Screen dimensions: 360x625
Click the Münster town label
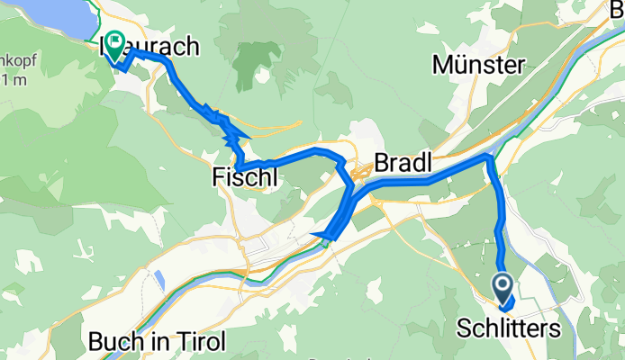(478, 65)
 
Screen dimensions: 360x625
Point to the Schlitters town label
(516, 328)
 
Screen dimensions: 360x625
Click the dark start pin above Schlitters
(503, 286)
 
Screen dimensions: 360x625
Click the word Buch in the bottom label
(113, 342)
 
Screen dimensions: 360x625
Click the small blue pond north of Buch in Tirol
(159, 280)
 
